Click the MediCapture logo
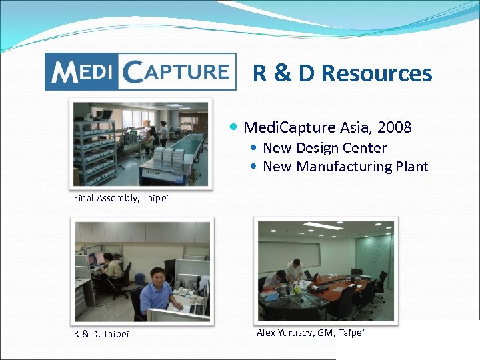(x=140, y=71)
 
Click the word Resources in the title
(x=377, y=73)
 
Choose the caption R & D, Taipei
(x=101, y=333)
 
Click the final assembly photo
(x=140, y=143)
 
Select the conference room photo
(x=326, y=271)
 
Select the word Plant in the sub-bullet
(x=413, y=167)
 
